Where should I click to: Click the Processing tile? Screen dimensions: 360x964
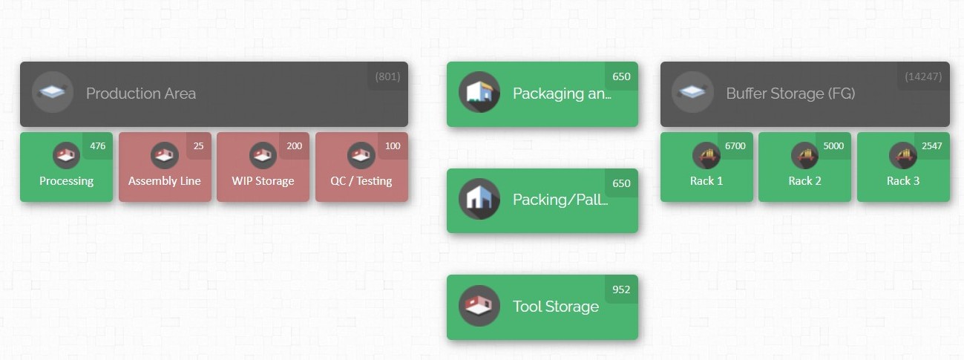66,168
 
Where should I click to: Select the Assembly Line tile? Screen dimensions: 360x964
165,168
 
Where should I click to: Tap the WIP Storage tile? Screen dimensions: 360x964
263,168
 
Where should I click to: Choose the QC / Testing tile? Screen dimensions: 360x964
361,168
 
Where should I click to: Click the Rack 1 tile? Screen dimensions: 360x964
706,168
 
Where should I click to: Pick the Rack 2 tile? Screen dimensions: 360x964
804,168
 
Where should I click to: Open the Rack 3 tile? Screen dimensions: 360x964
903,168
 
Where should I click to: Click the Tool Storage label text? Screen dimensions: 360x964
555,307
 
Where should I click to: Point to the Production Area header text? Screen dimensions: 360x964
141,94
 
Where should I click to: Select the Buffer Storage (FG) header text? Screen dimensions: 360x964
790,94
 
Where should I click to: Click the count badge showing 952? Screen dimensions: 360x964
621,289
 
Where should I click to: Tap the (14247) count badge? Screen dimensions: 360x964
923,76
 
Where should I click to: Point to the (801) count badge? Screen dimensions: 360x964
387,76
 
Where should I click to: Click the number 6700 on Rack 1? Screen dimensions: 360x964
735,145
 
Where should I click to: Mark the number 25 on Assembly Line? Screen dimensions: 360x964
199,145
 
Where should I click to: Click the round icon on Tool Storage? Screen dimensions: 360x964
479,306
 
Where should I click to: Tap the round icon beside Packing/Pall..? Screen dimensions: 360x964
479,200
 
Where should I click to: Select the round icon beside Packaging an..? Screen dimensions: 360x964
479,93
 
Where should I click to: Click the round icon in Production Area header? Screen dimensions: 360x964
53,93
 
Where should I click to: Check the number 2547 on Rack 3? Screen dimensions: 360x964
931,145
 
